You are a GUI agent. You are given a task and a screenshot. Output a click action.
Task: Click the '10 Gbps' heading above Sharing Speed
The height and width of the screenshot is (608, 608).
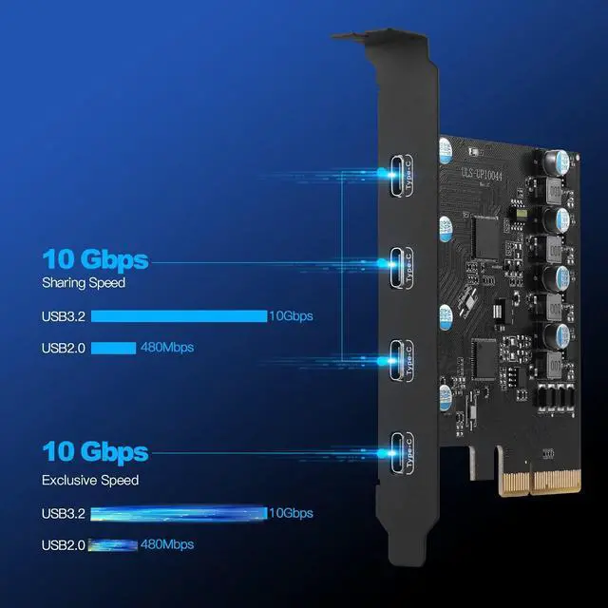pos(95,258)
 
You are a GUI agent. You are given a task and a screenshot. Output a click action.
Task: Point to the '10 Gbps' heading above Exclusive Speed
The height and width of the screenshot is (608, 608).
pos(95,451)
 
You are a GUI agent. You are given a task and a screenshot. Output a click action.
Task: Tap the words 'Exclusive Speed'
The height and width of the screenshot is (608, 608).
pos(90,480)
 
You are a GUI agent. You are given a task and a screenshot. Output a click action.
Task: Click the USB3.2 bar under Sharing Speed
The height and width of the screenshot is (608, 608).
pos(179,315)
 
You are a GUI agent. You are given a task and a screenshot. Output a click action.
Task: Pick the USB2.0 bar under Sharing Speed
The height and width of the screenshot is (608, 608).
pos(113,348)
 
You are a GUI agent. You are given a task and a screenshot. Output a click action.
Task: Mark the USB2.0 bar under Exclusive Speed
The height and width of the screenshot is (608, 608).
pos(113,544)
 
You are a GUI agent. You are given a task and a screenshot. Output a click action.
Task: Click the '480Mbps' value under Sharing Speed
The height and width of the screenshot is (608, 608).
pos(167,348)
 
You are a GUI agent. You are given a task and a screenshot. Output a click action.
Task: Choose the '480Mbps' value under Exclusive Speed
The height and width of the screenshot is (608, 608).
pos(167,544)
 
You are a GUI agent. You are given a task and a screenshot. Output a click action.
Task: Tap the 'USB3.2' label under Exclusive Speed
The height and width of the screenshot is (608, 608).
pos(64,513)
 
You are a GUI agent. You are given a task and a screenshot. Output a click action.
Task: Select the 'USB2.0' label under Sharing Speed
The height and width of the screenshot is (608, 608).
pos(64,348)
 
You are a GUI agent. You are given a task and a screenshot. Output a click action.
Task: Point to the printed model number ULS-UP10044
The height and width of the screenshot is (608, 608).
pos(487,172)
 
